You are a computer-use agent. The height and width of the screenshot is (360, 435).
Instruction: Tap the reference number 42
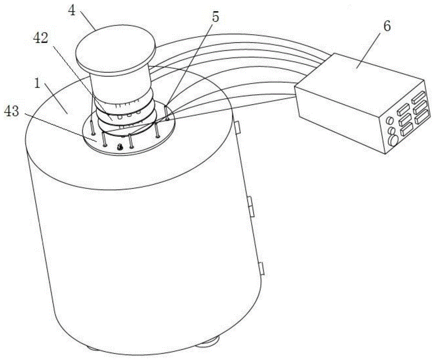point(41,38)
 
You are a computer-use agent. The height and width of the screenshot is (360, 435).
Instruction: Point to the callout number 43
point(12,111)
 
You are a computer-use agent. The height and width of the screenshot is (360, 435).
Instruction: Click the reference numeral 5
point(215,17)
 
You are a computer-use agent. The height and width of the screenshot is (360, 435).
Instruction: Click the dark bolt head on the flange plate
point(120,147)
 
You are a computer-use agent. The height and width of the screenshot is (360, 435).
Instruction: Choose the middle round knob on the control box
point(391,130)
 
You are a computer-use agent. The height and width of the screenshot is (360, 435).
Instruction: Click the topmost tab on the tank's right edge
point(238,127)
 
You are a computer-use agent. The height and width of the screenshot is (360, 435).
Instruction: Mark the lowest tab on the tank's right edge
point(261,268)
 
